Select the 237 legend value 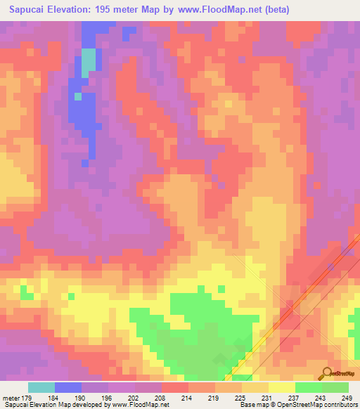pos(295,398)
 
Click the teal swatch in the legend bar pos(41,387)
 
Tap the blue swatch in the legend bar pos(68,387)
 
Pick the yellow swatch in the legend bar pos(281,387)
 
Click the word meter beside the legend pos(11,398)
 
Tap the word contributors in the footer pos(340,405)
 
